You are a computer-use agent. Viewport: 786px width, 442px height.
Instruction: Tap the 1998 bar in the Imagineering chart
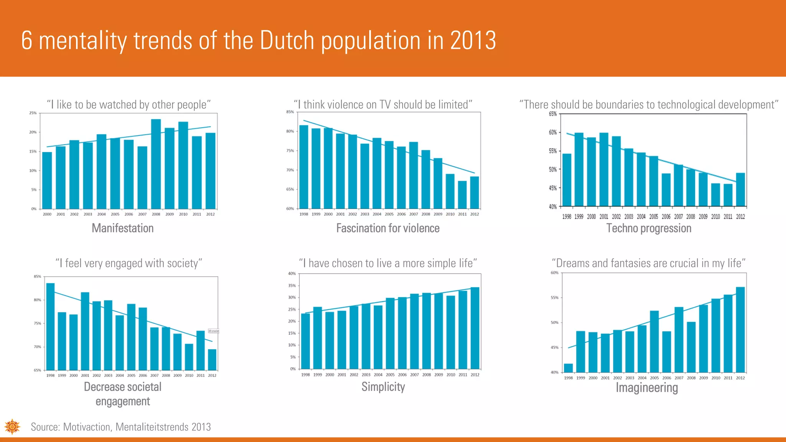click(568, 368)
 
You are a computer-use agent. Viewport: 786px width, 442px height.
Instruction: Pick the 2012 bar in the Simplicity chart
click(475, 328)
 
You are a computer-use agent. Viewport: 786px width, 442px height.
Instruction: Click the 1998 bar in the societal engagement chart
click(50, 326)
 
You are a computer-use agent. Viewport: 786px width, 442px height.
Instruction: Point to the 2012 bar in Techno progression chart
click(741, 190)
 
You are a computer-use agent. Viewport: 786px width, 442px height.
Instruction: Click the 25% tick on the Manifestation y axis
click(33, 113)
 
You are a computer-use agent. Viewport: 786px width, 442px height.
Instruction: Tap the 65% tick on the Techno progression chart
click(553, 114)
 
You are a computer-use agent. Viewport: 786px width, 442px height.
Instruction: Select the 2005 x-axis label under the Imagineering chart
click(654, 378)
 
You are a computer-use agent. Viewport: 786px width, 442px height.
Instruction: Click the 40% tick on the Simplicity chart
click(292, 274)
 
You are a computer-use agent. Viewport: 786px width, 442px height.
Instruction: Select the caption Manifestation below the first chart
click(122, 228)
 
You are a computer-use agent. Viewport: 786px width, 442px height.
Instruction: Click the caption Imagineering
click(647, 388)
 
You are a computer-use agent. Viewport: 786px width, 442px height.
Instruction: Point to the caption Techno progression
click(649, 228)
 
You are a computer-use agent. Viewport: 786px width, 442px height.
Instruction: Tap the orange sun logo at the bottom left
click(12, 427)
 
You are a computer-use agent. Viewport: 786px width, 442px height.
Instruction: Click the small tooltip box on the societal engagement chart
click(213, 331)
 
